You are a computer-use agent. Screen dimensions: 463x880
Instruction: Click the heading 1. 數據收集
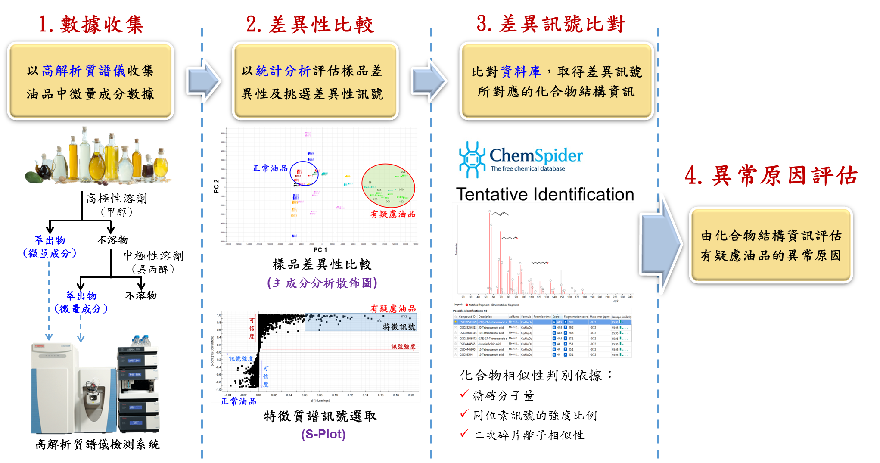[90, 24]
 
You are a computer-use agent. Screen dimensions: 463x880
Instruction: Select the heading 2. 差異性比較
[310, 24]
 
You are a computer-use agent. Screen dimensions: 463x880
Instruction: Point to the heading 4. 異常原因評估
[771, 176]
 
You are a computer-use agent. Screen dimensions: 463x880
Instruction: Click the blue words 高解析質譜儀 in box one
[84, 71]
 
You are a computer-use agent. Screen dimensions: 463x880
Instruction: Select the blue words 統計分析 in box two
[283, 71]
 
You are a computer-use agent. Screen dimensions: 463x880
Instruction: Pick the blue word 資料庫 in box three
[521, 71]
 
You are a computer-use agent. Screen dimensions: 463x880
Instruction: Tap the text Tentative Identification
[545, 194]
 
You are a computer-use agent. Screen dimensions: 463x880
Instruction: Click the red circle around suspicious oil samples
[388, 186]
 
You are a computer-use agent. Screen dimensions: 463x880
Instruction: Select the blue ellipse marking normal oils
[304, 174]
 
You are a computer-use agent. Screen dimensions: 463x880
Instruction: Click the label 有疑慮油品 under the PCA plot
[393, 214]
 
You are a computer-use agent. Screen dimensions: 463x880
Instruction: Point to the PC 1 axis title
[320, 250]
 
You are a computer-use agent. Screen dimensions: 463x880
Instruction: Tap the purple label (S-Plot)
[323, 434]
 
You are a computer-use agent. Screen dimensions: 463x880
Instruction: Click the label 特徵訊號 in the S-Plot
[399, 327]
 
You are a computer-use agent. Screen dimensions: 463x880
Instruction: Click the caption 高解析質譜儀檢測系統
[97, 444]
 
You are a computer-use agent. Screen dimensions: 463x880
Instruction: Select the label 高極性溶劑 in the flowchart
[116, 199]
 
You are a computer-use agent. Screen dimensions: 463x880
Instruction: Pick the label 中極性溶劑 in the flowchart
[153, 256]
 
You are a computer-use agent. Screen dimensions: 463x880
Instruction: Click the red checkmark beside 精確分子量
[464, 394]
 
